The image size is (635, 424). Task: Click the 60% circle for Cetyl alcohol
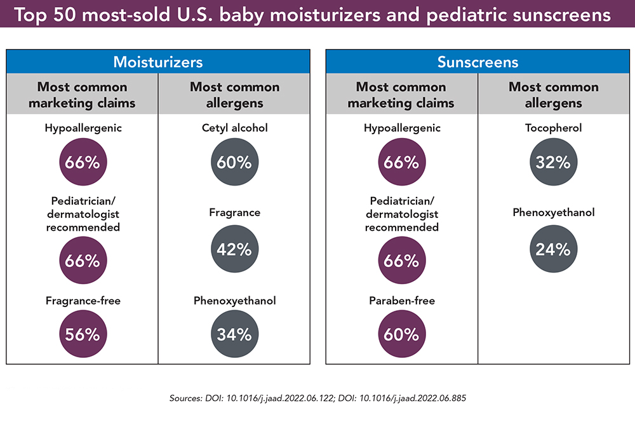click(x=235, y=162)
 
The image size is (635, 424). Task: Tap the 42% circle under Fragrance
click(x=235, y=249)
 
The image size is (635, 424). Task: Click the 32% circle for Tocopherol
click(x=554, y=162)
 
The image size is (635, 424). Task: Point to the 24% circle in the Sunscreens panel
click(x=554, y=249)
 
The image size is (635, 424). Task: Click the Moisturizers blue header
click(x=158, y=62)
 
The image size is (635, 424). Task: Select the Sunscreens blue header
click(x=478, y=62)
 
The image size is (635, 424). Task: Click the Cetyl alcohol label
click(x=235, y=128)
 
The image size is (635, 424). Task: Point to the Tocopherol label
click(x=554, y=128)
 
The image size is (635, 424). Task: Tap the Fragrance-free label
click(x=83, y=301)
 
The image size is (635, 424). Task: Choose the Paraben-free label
click(x=401, y=301)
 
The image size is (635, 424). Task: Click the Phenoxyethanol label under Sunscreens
click(x=554, y=213)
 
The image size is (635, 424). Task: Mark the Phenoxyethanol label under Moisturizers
click(x=235, y=301)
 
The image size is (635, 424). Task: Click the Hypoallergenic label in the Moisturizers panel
click(x=83, y=128)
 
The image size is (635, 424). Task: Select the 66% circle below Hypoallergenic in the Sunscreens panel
click(x=401, y=162)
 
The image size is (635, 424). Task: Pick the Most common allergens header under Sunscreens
click(x=554, y=95)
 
